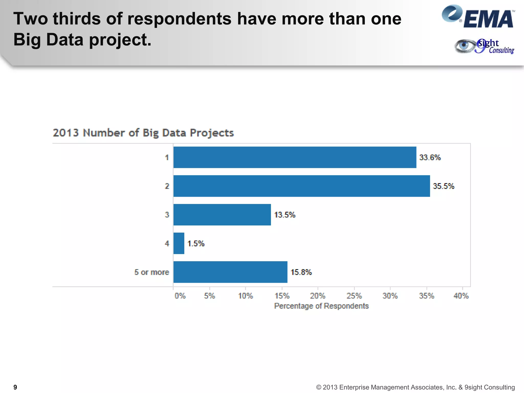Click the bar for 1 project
coord(295,157)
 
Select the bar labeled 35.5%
coord(302,186)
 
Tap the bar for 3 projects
coord(222,215)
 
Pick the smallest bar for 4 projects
coord(179,243)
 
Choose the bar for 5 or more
coord(230,272)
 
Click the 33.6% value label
coord(430,157)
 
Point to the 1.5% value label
coord(196,243)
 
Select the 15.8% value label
coord(301,272)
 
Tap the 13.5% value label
coord(285,215)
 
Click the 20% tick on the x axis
coord(318,296)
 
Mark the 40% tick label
coord(461,296)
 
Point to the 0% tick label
coord(180,296)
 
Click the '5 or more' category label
coord(152,272)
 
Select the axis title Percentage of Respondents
coord(321,306)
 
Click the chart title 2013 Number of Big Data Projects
coord(143,133)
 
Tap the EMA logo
coord(478,17)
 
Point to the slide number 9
coord(15,387)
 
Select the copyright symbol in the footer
coord(319,387)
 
